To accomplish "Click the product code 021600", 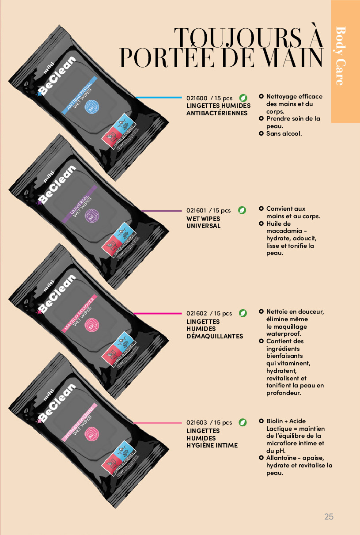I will click(x=196, y=98).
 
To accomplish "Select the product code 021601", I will click(x=196, y=211).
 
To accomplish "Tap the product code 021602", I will click(x=196, y=314).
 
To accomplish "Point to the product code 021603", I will click(x=196, y=423).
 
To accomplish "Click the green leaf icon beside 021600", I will click(x=243, y=98).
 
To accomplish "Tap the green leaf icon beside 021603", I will click(x=243, y=422).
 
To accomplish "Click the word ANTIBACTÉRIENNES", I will click(x=217, y=113).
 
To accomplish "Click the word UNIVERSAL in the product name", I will click(x=203, y=226).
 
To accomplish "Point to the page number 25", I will click(x=329, y=516).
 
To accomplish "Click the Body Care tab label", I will click(x=341, y=56).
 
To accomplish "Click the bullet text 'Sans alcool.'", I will click(x=284, y=133).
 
